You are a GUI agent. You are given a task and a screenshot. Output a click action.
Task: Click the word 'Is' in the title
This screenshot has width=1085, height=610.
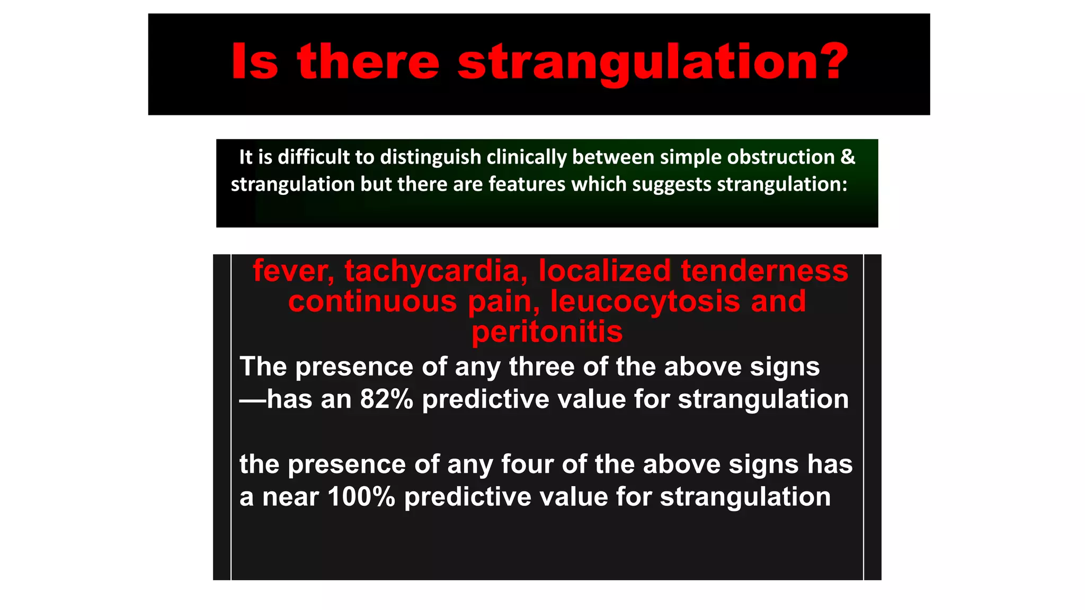point(254,61)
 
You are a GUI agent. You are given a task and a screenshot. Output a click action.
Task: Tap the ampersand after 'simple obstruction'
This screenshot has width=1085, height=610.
point(848,157)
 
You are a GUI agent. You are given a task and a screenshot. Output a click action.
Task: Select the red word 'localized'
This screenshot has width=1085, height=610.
point(604,271)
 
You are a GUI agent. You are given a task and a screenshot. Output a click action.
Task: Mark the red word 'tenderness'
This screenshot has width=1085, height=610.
point(764,271)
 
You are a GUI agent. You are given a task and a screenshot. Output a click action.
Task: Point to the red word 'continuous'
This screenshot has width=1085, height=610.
point(372,302)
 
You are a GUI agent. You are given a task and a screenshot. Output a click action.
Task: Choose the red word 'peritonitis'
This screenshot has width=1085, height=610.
point(547,333)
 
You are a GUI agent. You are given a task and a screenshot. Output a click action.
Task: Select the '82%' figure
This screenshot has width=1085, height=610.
point(387,399)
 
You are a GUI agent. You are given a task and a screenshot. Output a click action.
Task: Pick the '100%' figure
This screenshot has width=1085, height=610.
point(361,497)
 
